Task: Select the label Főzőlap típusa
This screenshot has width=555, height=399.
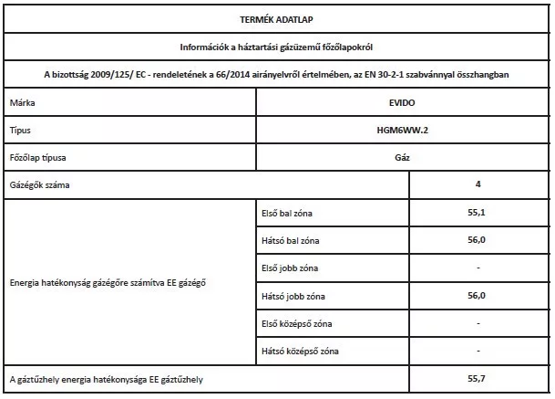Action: pos(37,159)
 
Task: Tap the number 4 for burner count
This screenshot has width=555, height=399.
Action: pos(478,185)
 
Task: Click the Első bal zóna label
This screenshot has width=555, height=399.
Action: pos(285,214)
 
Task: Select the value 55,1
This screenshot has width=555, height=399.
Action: pos(478,213)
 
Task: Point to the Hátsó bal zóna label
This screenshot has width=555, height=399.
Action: pos(288,241)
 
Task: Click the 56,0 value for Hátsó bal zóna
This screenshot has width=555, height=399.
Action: pos(478,240)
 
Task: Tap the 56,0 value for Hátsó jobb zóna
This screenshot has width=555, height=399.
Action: pos(478,295)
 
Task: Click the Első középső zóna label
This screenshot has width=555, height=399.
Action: pos(296,323)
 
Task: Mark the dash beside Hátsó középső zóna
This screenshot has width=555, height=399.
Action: pos(478,350)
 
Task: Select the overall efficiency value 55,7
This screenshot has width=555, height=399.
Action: pos(478,377)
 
